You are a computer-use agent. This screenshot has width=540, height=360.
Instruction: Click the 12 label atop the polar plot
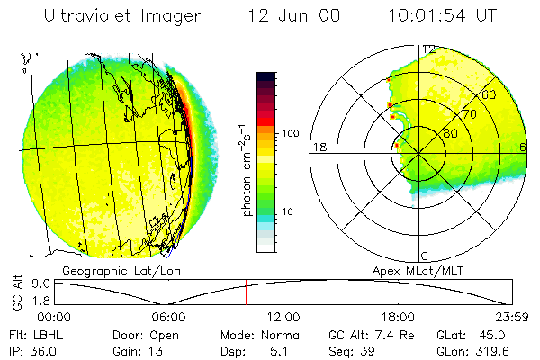(430, 49)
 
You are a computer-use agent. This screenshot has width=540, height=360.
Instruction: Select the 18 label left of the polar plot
(318, 148)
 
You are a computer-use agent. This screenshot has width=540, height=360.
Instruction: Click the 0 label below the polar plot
(426, 256)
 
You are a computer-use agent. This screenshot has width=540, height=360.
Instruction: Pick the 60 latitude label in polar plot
(489, 94)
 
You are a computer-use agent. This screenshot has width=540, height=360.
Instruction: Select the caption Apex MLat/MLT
(411, 270)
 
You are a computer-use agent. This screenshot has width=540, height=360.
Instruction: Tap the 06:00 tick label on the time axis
(168, 317)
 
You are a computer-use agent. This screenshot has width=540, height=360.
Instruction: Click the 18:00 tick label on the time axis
(398, 317)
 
